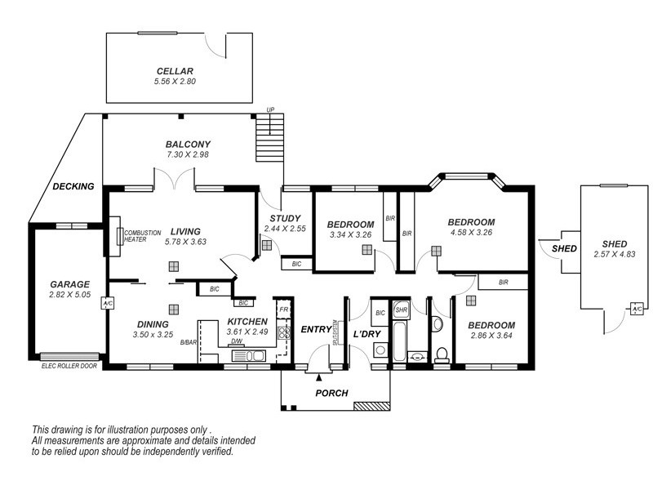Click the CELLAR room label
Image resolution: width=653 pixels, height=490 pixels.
(175, 70)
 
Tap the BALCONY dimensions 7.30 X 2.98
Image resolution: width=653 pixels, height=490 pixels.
(189, 154)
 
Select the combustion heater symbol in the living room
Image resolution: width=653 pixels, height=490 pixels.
(120, 237)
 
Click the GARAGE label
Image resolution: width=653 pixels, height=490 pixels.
(69, 285)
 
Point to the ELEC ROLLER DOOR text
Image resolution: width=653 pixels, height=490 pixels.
(69, 365)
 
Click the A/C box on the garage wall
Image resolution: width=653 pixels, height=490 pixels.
(106, 305)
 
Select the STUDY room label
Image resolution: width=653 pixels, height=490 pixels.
(285, 218)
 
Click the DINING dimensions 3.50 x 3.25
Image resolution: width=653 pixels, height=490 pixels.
(154, 334)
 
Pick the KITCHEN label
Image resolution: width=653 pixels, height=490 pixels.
(247, 322)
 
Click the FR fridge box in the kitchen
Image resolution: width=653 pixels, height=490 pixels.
(283, 310)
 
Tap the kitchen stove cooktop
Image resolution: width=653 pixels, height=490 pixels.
(283, 332)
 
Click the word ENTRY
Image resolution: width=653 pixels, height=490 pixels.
(316, 329)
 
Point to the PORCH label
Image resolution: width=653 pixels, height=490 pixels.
(332, 393)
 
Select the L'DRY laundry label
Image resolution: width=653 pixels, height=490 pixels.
(366, 333)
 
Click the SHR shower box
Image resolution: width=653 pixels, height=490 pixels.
(401, 310)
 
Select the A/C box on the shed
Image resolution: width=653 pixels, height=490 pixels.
(637, 309)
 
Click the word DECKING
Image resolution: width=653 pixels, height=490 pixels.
(73, 186)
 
